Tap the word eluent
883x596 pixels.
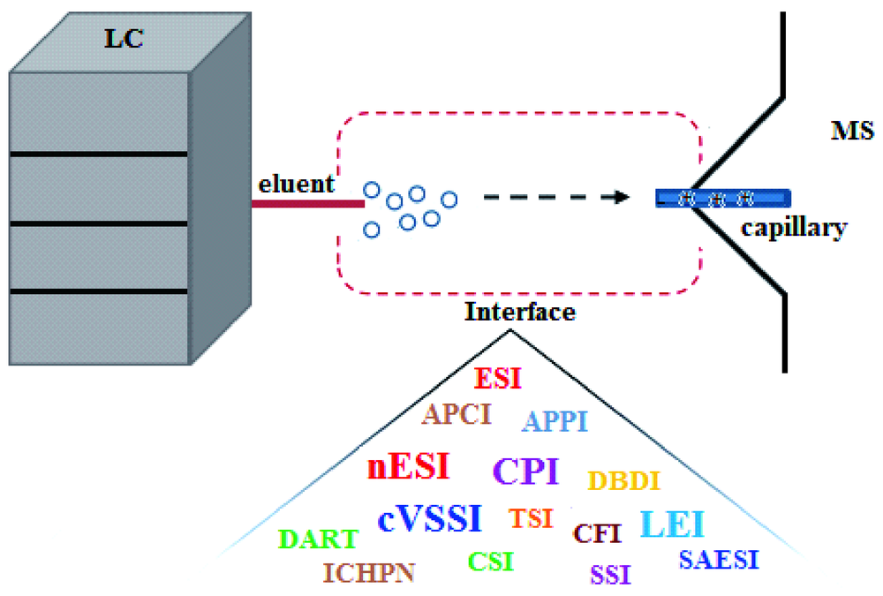297,184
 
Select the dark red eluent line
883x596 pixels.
308,204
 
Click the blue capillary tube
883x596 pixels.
722,199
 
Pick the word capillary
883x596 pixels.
794,228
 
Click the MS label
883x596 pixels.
852,133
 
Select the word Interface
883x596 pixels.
520,312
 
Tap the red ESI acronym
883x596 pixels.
498,379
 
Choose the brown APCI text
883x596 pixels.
456,414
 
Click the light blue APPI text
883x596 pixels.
555,422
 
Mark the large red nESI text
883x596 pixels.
408,466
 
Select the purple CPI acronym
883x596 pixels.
525,471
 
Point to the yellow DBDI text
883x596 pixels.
624,481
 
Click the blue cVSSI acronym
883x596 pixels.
430,518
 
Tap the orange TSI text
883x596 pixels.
531,518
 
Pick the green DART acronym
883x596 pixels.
319,539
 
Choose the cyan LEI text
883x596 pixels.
672,524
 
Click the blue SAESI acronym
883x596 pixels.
719,560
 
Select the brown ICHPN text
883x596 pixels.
369,573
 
